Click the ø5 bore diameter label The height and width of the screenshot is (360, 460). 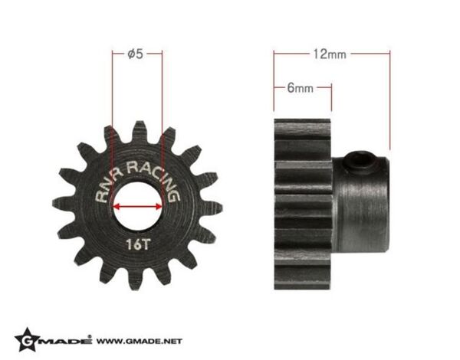[136, 54]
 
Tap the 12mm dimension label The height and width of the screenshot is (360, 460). [330, 54]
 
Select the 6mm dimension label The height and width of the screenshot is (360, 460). [300, 87]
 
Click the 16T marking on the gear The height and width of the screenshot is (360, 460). [138, 244]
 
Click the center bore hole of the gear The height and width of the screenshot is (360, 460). [137, 207]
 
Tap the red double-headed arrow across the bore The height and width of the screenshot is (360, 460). [137, 207]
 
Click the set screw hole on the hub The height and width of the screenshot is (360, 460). [361, 159]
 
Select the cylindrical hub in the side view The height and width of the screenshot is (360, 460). [360, 204]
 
